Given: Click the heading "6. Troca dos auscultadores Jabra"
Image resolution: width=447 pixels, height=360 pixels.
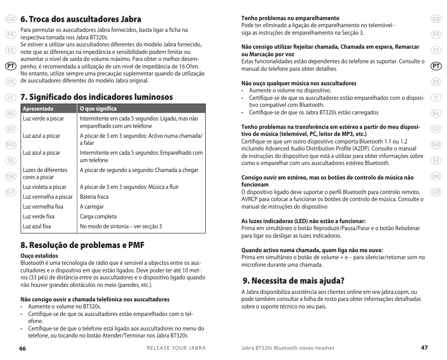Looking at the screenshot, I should [81, 19].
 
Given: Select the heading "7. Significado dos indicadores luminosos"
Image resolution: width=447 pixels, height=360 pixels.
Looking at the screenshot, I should [97, 97].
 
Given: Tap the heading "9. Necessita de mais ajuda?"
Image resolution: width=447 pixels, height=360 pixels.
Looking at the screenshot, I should [294, 281].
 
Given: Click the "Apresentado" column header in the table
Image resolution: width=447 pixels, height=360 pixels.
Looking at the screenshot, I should [38, 109].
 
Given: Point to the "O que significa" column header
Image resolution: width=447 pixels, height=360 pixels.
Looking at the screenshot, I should [98, 109].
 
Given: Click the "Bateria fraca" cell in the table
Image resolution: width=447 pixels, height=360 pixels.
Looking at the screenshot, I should [94, 197].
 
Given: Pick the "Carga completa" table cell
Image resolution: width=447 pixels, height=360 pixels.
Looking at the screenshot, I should [98, 217].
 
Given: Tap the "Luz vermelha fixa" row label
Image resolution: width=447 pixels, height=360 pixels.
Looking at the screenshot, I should [43, 207].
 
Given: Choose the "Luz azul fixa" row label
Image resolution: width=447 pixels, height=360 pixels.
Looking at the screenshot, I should [37, 226].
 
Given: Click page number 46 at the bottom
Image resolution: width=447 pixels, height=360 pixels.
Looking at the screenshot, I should [22, 348].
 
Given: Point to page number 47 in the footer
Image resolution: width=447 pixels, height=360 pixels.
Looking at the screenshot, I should [424, 348].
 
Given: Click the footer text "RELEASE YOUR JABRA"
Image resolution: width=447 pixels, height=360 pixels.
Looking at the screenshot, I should [176, 348].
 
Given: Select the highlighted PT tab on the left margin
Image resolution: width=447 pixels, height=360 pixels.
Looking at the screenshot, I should [11, 67].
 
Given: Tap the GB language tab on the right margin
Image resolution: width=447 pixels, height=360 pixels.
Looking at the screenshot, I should [436, 19].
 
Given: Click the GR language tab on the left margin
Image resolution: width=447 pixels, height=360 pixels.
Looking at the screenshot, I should [11, 193].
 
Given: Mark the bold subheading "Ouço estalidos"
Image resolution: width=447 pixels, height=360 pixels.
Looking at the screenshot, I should [39, 256].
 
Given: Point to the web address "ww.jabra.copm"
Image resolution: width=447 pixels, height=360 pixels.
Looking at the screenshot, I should [391, 292].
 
